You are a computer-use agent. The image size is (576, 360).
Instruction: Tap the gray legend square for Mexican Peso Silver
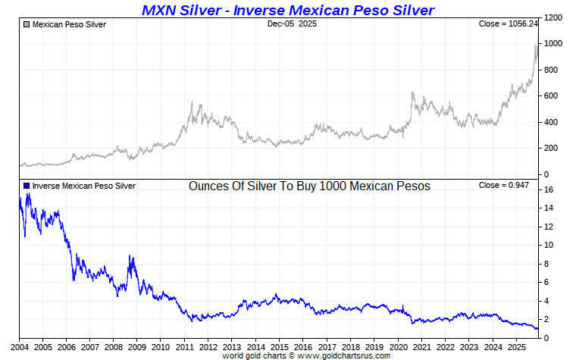pos(27,24)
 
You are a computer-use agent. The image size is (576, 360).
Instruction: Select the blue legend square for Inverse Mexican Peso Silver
pos(27,186)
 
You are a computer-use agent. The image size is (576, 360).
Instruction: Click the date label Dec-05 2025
pos(292,24)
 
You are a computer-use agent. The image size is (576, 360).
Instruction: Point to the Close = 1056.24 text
pos(507,24)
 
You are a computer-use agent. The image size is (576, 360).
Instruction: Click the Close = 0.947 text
pos(507,186)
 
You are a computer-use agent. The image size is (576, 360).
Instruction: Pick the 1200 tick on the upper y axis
pos(554,17)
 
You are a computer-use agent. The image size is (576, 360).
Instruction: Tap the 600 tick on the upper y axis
pos(552,96)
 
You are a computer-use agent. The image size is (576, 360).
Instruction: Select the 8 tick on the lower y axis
pos(547,264)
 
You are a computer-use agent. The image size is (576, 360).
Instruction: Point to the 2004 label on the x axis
pos(20,346)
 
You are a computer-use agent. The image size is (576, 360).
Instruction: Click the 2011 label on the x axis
pos(185,346)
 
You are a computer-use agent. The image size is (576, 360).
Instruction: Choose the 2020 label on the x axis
pos(398,346)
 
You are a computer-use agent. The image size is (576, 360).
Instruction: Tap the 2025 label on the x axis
pos(516,346)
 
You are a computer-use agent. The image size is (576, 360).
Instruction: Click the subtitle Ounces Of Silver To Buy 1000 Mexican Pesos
pos(309,186)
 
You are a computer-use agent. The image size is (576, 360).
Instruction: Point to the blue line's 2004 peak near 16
pos(28,194)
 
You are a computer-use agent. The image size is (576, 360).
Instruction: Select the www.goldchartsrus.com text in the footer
pos(345,355)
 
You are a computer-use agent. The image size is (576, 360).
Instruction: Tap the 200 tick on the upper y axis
pos(552,149)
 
